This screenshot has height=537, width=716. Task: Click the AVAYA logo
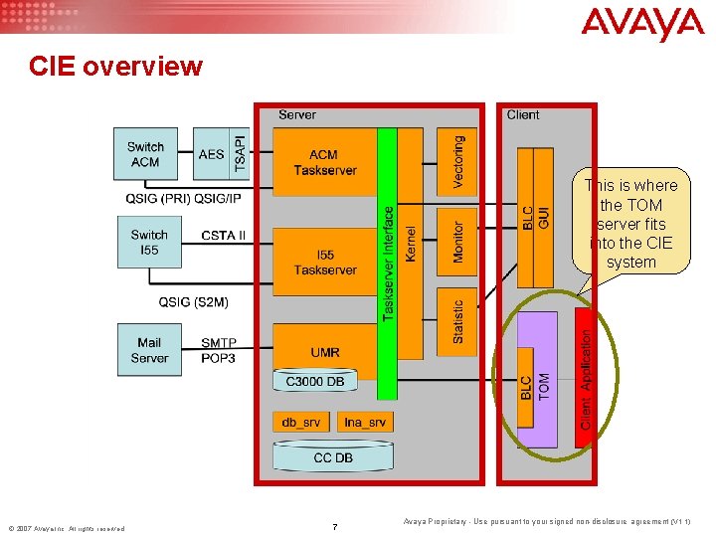pos(642,24)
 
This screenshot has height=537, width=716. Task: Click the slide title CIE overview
pos(115,67)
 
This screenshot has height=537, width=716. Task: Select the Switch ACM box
pos(146,154)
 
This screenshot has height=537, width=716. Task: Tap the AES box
pos(211,154)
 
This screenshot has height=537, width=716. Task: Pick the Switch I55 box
pos(149,243)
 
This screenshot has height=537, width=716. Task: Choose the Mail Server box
pos(149,350)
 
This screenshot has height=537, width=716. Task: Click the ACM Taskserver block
pos(324,163)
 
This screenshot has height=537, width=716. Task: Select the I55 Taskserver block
pos(324,263)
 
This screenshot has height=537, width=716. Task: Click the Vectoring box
pos(457,161)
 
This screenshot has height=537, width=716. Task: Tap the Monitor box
pos(457,242)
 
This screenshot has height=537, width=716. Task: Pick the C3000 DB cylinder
pos(315,380)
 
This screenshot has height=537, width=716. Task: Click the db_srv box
pos(300,422)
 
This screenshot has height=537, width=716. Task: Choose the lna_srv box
pos(365,422)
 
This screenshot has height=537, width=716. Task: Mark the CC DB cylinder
pos(332,457)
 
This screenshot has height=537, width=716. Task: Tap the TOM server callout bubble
pos(631,224)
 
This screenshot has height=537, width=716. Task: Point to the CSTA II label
pos(223,236)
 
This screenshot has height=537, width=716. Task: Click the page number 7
pos(334,525)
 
